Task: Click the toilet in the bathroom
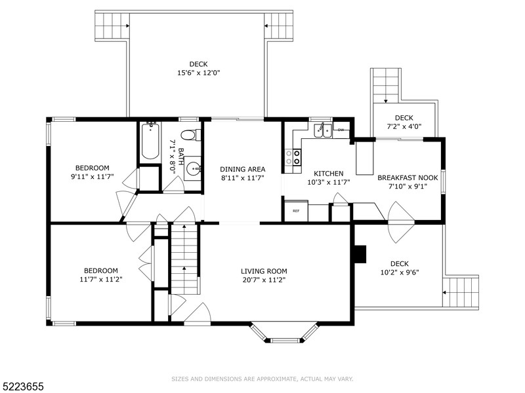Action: click(188, 136)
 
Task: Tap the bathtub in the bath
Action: click(150, 141)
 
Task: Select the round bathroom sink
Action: click(193, 170)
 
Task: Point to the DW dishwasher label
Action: click(341, 130)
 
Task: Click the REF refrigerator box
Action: click(295, 211)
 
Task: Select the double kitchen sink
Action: click(322, 130)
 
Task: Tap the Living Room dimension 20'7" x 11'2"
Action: click(263, 279)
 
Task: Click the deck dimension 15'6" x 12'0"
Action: click(198, 73)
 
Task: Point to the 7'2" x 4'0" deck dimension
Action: click(404, 127)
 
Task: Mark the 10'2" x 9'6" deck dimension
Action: click(400, 272)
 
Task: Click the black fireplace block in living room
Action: click(359, 253)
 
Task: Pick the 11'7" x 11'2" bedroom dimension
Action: click(100, 279)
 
